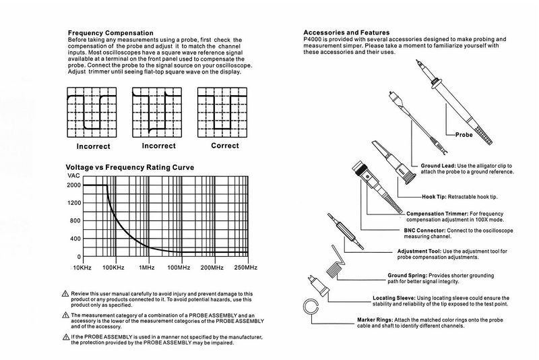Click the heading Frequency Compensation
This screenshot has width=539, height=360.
click(110, 33)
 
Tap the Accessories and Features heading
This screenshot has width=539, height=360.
click(346, 32)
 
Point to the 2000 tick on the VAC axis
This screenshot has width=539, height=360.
click(73, 185)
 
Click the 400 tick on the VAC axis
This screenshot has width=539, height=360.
click(73, 239)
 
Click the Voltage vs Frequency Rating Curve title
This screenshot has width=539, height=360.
click(129, 167)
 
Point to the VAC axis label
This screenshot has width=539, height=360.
click(72, 175)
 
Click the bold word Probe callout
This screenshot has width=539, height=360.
click(465, 134)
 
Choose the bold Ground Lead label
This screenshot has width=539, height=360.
click(439, 165)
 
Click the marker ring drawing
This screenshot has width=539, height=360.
click(311, 308)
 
